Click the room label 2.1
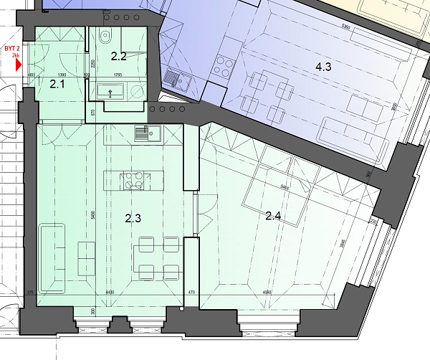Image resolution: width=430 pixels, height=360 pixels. (x=57, y=85)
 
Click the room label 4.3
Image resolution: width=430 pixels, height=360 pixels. (x=324, y=67)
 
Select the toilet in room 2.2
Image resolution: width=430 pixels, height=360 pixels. (x=106, y=37)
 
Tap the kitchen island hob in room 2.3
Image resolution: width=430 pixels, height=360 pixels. (x=133, y=180)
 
